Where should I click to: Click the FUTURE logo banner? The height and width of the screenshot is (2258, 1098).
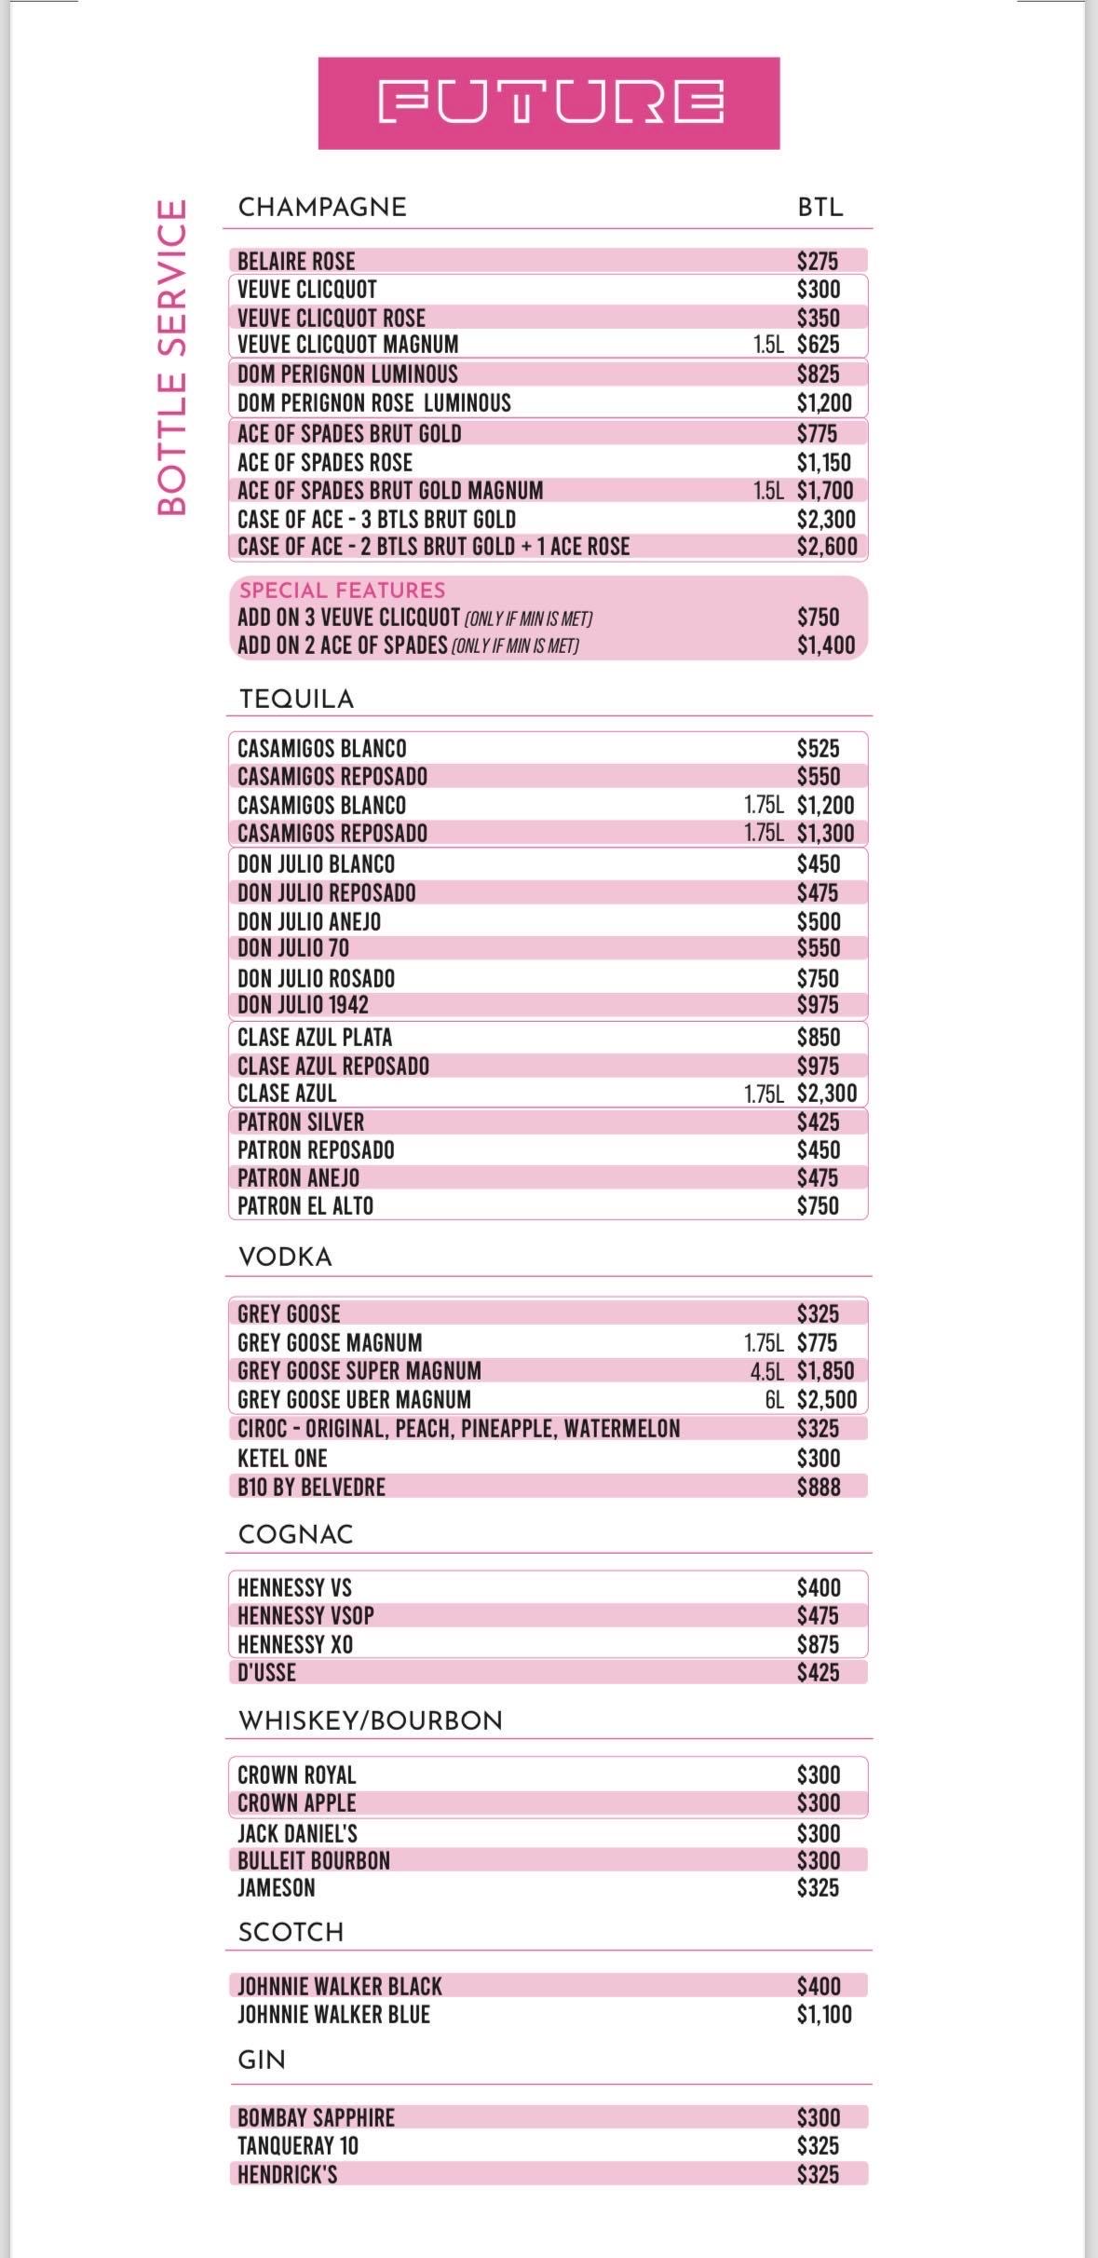[549, 102]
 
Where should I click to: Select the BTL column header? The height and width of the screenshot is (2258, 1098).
[820, 207]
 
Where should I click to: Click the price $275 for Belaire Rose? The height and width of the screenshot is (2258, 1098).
[818, 261]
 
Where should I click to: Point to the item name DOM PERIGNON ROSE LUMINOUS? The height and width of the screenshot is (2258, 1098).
[373, 402]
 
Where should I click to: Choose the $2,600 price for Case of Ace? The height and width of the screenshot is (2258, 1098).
[826, 547]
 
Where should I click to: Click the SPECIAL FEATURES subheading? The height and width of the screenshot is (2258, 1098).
[342, 590]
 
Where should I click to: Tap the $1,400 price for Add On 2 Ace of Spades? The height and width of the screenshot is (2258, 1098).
[825, 645]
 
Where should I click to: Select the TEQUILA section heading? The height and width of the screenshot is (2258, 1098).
[296, 699]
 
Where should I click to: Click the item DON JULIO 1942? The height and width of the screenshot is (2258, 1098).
[303, 1005]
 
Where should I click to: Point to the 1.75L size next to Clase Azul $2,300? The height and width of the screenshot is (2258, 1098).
[764, 1094]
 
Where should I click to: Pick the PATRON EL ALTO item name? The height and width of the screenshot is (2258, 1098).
[305, 1206]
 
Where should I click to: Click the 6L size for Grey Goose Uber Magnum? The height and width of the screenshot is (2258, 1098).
[774, 1399]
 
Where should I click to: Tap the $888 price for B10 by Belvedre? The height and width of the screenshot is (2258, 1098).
[818, 1487]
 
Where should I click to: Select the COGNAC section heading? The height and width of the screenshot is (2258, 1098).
[295, 1534]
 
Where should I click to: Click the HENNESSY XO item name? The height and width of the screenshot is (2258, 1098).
[294, 1644]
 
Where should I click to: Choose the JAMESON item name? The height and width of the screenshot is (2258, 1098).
[276, 1887]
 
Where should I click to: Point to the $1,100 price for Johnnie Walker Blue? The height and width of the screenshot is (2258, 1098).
[823, 2014]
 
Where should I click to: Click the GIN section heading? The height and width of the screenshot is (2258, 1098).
[262, 2060]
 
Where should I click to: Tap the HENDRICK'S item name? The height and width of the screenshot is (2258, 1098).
[287, 2174]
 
